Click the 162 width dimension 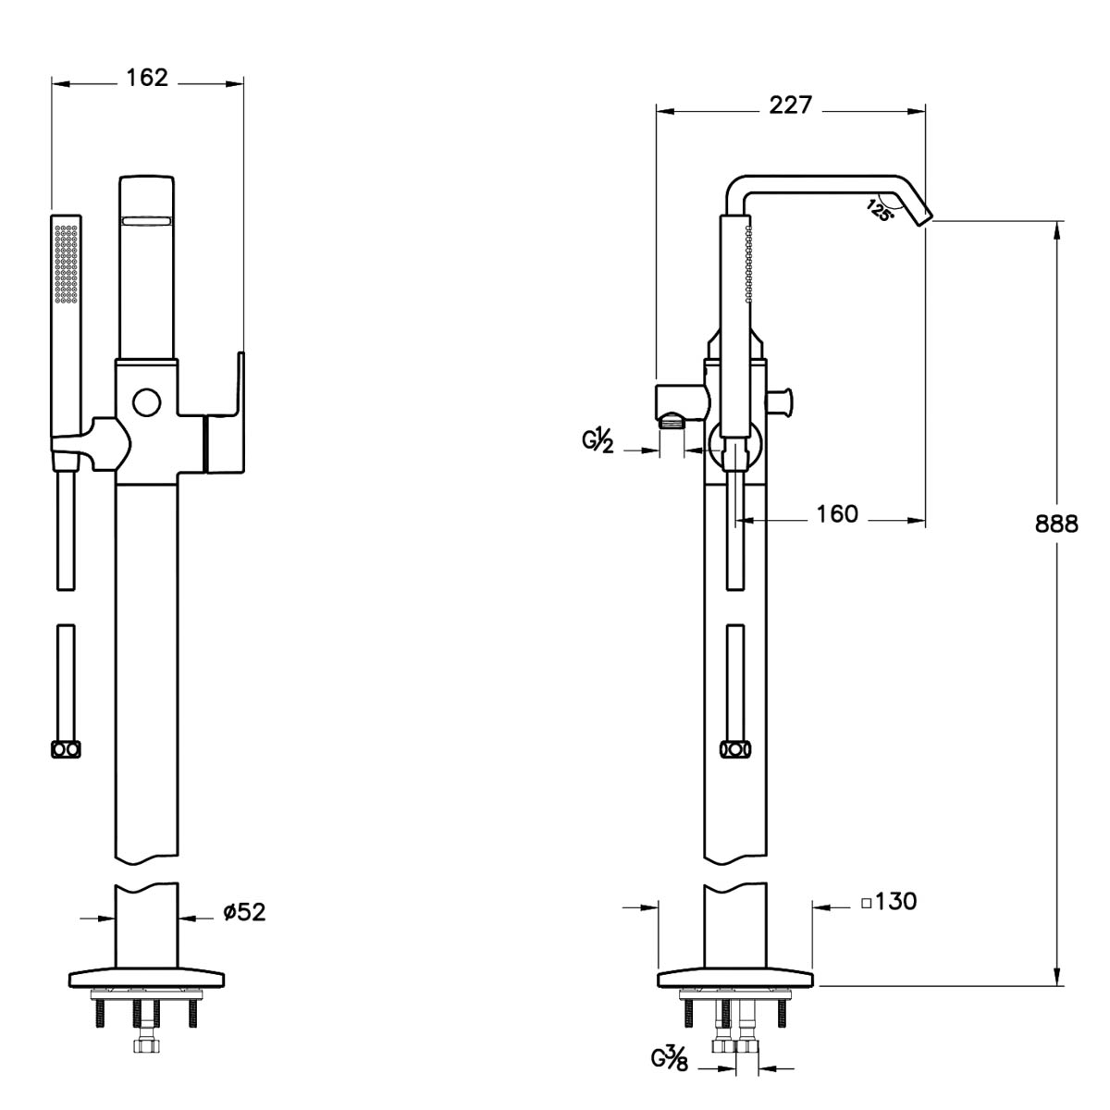tap(147, 78)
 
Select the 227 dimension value tap(790, 105)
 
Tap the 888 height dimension tap(1056, 524)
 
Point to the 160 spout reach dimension tap(837, 513)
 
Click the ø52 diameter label tap(244, 912)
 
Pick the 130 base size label tap(895, 902)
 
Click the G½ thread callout tap(598, 442)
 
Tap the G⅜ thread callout tap(670, 1059)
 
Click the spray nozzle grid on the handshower tap(67, 264)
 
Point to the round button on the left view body tap(146, 402)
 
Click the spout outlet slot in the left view tap(146, 221)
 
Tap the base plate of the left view tap(146, 980)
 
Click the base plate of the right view tap(735, 980)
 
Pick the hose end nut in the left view tap(66, 749)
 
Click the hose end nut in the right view tap(735, 749)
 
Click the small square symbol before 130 tap(867, 903)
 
